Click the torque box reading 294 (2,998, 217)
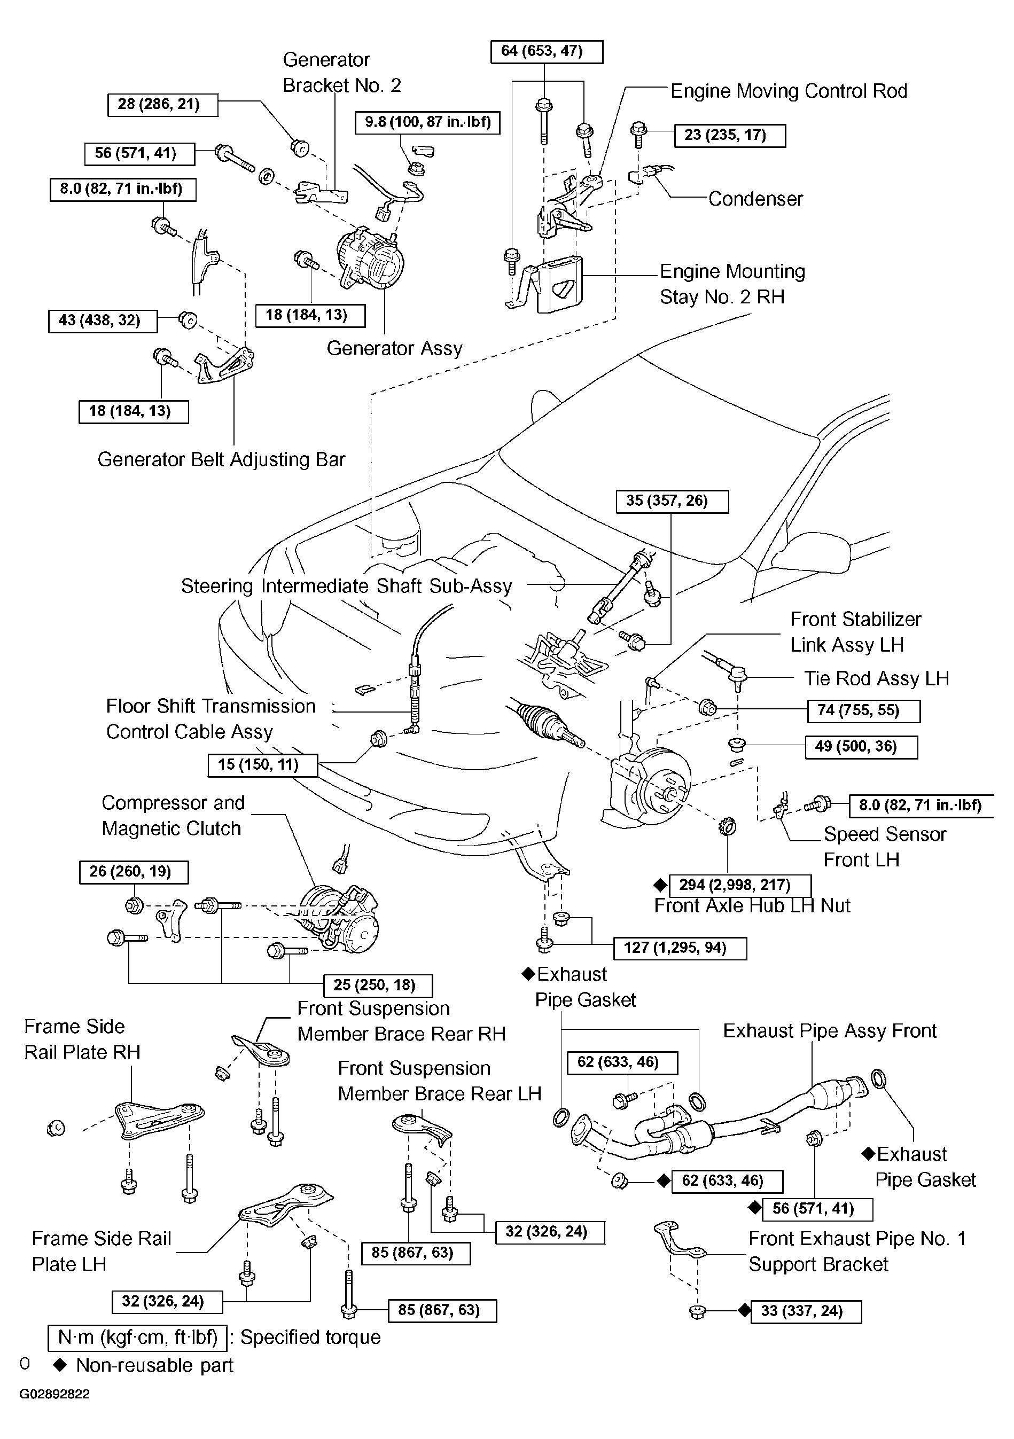[x=740, y=886]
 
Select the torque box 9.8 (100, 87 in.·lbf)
[x=428, y=122]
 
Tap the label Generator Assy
[x=395, y=348]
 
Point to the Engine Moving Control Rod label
[x=789, y=91]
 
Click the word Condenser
[x=756, y=199]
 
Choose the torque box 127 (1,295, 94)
[x=681, y=948]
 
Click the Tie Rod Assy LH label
[x=877, y=678]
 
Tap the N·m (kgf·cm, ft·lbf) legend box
[x=138, y=1337]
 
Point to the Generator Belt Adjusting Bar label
[x=221, y=459]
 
